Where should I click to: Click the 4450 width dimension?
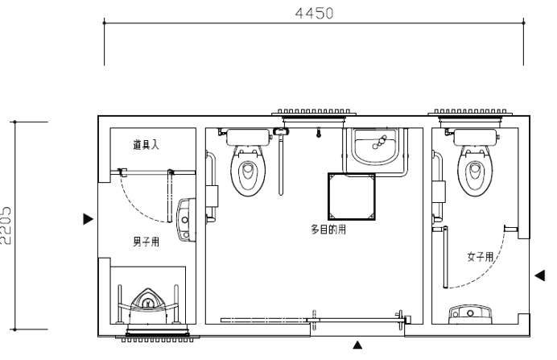pyautogui.click(x=315, y=14)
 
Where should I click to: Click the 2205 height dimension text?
pyautogui.click(x=6, y=226)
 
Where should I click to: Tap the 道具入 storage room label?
pyautogui.click(x=146, y=145)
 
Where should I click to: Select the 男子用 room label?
pyautogui.click(x=146, y=242)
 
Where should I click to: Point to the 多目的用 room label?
pyautogui.click(x=328, y=230)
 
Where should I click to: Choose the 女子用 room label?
pyautogui.click(x=481, y=257)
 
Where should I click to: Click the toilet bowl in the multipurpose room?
pyautogui.click(x=248, y=172)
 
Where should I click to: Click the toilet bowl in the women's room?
pyautogui.click(x=475, y=172)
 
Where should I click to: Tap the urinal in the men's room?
pyautogui.click(x=147, y=305)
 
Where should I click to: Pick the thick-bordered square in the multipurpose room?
pyautogui.click(x=351, y=197)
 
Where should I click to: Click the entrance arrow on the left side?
pyautogui.click(x=88, y=219)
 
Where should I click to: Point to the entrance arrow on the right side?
pyautogui.click(x=539, y=275)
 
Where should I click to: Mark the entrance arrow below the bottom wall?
pyautogui.click(x=357, y=345)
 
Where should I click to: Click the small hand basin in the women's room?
pyautogui.click(x=470, y=314)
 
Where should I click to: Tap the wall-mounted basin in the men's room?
pyautogui.click(x=186, y=220)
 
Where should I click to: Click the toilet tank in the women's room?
pyautogui.click(x=475, y=138)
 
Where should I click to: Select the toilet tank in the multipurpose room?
pyautogui.click(x=248, y=138)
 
